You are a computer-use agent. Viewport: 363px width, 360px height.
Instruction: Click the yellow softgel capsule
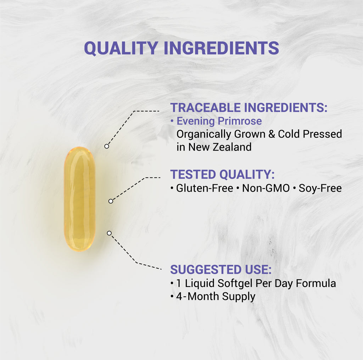tap(79, 199)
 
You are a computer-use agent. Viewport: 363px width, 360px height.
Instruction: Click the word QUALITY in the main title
tap(121, 48)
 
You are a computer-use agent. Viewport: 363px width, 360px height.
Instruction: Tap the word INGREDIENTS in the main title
tap(221, 48)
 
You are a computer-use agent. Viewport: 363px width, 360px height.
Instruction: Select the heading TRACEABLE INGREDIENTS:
tap(249, 107)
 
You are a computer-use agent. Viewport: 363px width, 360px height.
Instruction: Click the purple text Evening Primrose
tap(219, 121)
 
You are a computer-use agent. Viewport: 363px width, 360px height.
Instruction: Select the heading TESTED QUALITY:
tap(222, 174)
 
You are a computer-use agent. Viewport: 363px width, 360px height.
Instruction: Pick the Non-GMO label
tap(266, 188)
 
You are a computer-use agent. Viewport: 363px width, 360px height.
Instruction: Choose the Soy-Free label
tap(320, 188)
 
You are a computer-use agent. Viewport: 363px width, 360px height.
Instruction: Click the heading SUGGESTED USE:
tap(221, 270)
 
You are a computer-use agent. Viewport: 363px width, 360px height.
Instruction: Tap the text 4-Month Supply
tap(216, 296)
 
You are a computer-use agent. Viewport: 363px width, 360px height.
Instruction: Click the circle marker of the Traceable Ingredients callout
tap(106, 146)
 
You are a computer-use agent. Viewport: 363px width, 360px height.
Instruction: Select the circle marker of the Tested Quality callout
tap(111, 201)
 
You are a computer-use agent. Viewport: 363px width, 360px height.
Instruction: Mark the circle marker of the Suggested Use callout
tap(109, 233)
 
